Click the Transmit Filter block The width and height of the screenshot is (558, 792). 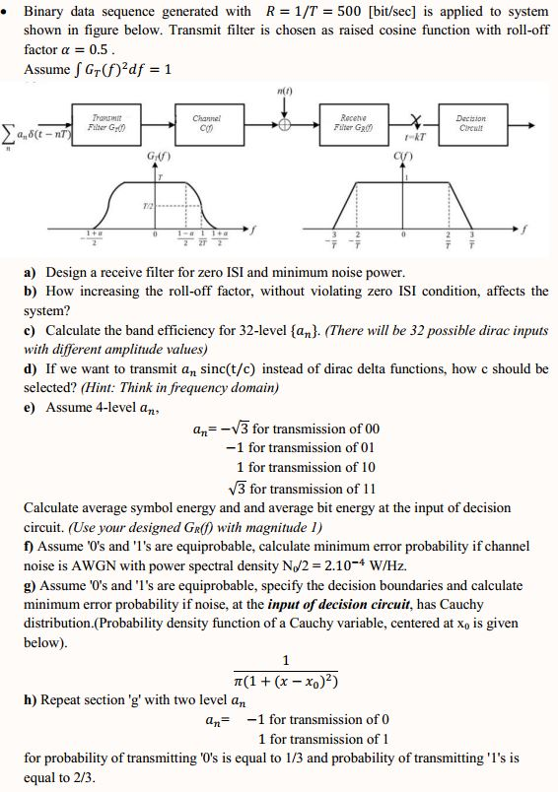click(x=98, y=124)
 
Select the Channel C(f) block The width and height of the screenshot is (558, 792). click(x=205, y=124)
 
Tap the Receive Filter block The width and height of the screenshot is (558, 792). click(x=354, y=124)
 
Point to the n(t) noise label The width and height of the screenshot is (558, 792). click(x=285, y=94)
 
